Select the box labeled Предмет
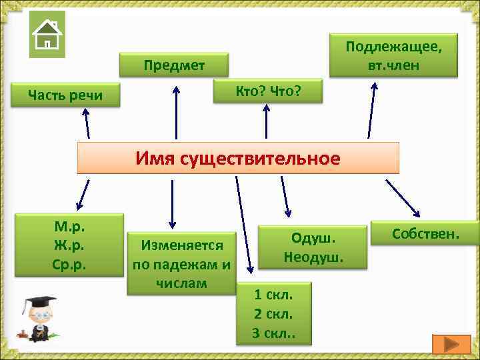[174, 65]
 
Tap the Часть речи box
[65, 95]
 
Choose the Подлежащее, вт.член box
[394, 56]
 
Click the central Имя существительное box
[238, 158]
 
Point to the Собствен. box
[425, 233]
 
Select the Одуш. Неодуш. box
[313, 247]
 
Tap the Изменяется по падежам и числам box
[181, 263]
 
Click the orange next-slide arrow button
[451, 344]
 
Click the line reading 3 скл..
[274, 333]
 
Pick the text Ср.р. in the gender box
[69, 264]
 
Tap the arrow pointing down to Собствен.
[403, 199]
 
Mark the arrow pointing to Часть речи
[85, 123]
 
